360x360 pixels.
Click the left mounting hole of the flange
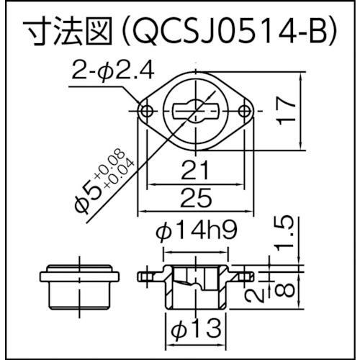tap(148, 111)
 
